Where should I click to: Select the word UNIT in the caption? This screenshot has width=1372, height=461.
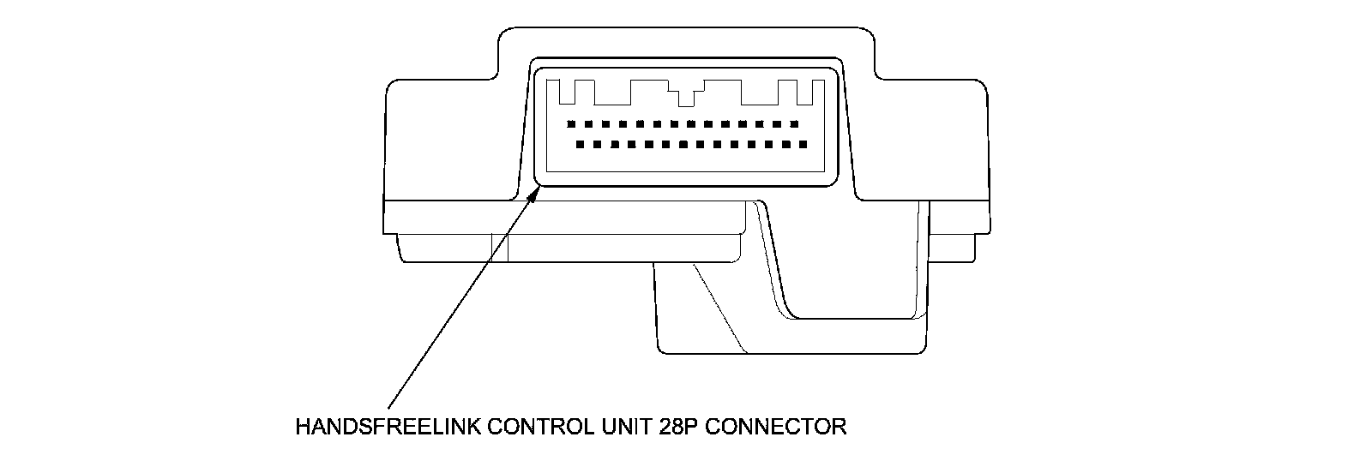623,426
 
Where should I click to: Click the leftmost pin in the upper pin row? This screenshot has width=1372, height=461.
571,123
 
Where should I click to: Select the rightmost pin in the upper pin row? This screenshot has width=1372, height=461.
794,123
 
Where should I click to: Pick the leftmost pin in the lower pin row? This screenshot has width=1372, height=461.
581,144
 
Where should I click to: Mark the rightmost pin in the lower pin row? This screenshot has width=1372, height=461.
803,144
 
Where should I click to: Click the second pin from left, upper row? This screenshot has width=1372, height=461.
588,123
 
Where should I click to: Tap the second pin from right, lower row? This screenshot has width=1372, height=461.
786,144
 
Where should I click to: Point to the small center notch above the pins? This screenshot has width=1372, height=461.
686,96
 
